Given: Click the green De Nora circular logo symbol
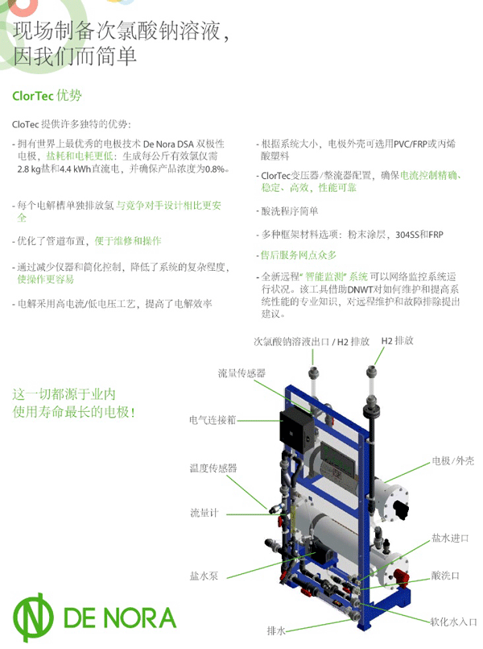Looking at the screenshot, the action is (x=33, y=617).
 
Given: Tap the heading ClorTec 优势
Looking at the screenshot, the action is (x=47, y=96).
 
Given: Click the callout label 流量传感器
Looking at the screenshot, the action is (x=242, y=373).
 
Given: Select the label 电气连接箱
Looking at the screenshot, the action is (x=213, y=420).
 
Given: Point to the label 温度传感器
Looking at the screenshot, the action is (x=213, y=468).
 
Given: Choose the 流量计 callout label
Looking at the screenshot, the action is (x=204, y=514).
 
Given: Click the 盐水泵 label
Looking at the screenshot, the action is (x=204, y=576).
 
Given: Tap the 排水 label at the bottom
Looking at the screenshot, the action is (x=276, y=630).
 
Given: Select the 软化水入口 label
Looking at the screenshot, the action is (x=454, y=622).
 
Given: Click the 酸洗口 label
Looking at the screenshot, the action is (x=445, y=576).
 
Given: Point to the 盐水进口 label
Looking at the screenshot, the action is (x=450, y=538).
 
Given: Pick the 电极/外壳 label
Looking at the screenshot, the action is (x=453, y=460).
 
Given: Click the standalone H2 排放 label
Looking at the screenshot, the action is (x=397, y=341).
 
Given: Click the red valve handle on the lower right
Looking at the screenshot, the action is (x=400, y=576).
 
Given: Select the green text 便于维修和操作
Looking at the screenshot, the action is (x=128, y=241).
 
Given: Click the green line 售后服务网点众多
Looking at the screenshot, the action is (x=299, y=255).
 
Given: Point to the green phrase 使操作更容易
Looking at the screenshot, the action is (x=45, y=280).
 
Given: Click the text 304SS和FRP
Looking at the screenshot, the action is (x=419, y=235).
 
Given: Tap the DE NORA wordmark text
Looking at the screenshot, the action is (x=120, y=618).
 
